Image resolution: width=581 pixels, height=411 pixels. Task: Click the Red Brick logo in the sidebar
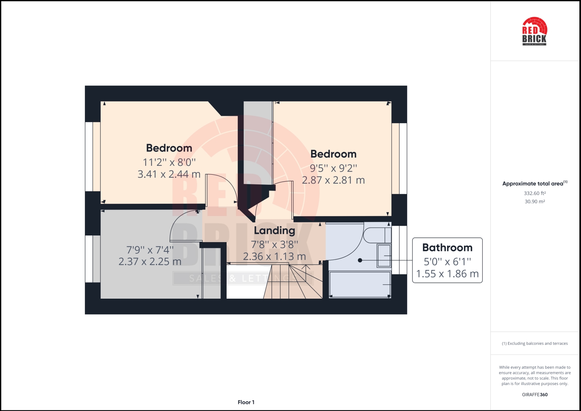[534, 31]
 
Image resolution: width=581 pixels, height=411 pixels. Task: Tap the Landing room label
[274, 230]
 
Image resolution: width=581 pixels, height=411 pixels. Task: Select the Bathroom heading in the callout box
[447, 248]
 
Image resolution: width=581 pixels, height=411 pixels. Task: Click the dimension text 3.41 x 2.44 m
[169, 174]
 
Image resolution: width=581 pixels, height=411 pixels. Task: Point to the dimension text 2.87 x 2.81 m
[333, 180]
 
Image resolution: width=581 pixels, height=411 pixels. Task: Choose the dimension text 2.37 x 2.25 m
[150, 261]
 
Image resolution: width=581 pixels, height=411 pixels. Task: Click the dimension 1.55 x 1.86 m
[447, 274]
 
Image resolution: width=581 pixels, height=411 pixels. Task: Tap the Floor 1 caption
[246, 402]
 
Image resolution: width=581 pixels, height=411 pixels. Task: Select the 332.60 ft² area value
[535, 193]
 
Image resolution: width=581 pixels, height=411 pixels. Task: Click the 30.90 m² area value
[535, 201]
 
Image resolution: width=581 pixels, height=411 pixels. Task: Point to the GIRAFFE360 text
[535, 395]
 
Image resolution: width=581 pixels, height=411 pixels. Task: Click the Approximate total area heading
[535, 184]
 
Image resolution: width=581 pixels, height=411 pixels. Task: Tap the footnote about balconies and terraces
[535, 343]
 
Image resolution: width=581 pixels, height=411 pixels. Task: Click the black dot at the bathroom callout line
[360, 260]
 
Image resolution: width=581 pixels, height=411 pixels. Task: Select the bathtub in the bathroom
[360, 284]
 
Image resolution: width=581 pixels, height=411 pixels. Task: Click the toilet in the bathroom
[377, 236]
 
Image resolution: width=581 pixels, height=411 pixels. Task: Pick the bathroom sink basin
[384, 256]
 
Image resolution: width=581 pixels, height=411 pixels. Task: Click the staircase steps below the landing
[293, 282]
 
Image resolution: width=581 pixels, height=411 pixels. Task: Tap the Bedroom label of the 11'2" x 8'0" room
[169, 148]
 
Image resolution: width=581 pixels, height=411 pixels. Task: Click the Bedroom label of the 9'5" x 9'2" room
[333, 154]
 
